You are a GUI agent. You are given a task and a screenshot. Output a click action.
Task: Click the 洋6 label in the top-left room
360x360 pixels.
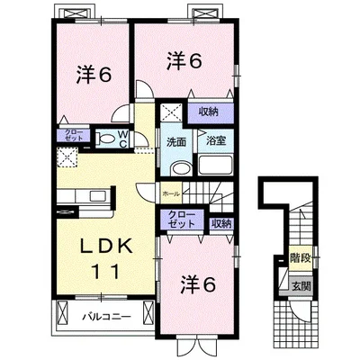coord(94,76)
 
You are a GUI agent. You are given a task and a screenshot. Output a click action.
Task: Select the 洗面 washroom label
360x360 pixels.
coord(176,141)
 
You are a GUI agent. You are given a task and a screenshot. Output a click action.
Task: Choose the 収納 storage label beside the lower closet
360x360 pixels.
coord(221,222)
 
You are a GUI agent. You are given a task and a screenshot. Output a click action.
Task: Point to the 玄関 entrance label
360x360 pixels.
coord(300,286)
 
